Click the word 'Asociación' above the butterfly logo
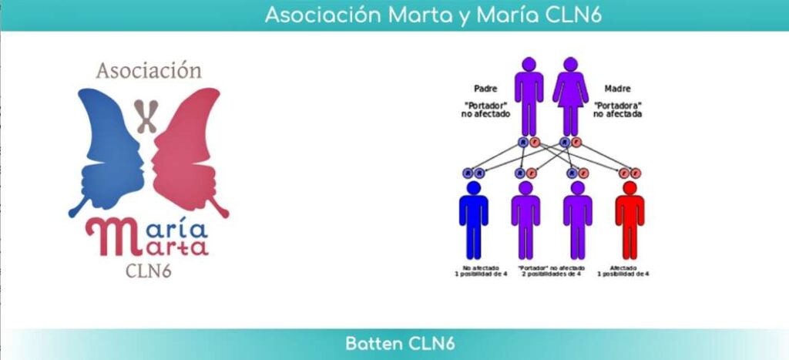(149, 71)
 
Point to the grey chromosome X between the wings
(146, 116)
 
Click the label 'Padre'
(485, 89)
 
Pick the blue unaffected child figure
(473, 220)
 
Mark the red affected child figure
(630, 220)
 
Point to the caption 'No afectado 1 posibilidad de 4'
(473, 271)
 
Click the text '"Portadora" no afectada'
(618, 109)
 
